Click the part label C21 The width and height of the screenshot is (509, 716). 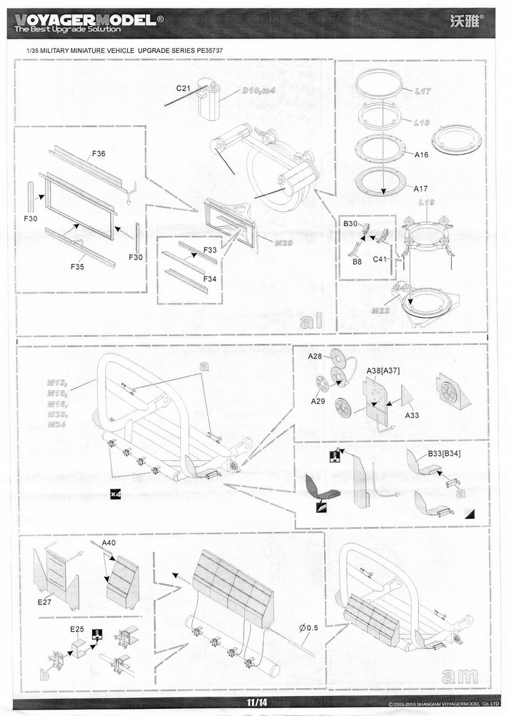[184, 87]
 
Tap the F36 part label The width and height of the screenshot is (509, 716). [98, 154]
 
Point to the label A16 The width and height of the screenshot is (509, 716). [421, 154]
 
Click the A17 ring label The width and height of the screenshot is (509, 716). [421, 188]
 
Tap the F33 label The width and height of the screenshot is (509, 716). [209, 250]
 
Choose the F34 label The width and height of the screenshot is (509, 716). [209, 279]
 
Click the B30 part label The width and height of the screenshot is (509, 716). [350, 224]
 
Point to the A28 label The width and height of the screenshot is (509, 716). [315, 356]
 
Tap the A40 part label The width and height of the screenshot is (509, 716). [109, 543]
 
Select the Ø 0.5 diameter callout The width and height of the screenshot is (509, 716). [309, 628]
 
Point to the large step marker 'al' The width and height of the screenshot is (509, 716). [315, 321]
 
